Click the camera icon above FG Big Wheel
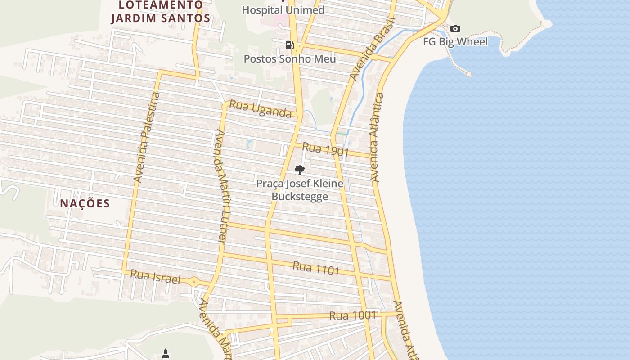[x=455, y=29]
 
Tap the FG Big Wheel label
[x=455, y=42]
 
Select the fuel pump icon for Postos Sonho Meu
[x=289, y=45]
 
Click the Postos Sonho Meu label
[x=290, y=58]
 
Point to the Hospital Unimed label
[x=283, y=10]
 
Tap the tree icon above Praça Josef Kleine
[x=299, y=170]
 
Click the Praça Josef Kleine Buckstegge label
[x=300, y=190]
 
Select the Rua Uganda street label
[x=261, y=109]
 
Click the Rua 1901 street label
[x=326, y=149]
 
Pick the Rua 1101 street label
[x=316, y=268]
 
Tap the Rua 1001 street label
[x=352, y=315]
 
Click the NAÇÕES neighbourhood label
[x=85, y=203]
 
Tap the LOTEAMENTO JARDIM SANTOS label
[x=161, y=12]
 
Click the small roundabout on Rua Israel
[x=194, y=282]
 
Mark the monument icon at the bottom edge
[x=166, y=354]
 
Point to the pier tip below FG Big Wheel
[x=468, y=74]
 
